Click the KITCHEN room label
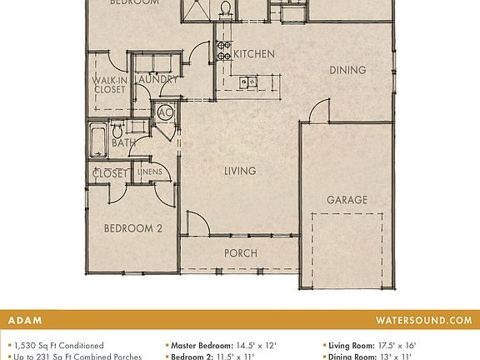click(253, 54)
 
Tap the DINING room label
click(347, 70)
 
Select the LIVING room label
click(239, 171)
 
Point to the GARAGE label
click(347, 200)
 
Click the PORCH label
click(240, 253)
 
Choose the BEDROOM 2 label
click(132, 228)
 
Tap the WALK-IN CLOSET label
click(109, 85)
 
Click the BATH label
click(124, 143)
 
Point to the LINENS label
click(161, 172)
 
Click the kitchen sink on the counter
click(247, 82)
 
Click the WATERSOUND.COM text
click(423, 320)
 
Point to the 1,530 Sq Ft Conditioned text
click(58, 345)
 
